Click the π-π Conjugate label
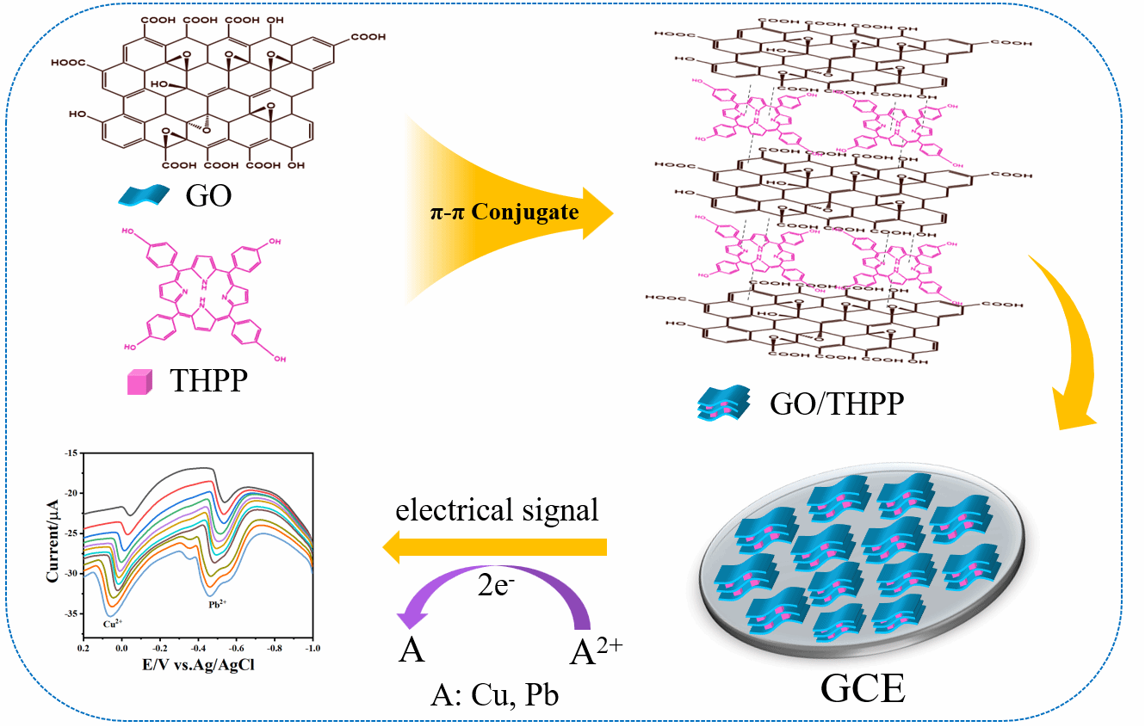[504, 212]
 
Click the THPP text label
[208, 380]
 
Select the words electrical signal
[497, 510]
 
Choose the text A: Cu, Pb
[495, 693]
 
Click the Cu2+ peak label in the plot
[111, 625]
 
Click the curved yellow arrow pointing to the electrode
[1068, 344]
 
